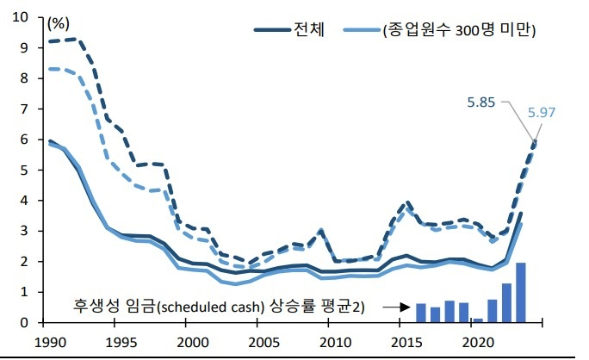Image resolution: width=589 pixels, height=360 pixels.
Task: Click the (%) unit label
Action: tap(60, 21)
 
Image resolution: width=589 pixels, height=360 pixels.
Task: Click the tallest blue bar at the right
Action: tap(520, 292)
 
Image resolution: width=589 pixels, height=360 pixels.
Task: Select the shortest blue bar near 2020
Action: tap(478, 320)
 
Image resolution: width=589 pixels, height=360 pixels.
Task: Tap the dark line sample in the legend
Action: tap(274, 30)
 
